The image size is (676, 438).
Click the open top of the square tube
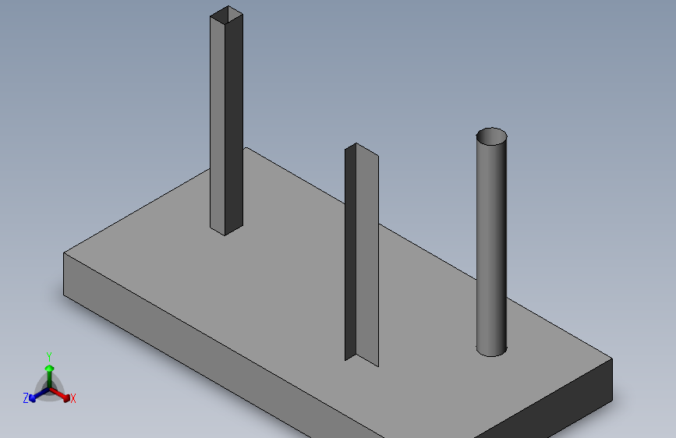pos(226,14)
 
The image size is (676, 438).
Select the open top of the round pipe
pos(492,137)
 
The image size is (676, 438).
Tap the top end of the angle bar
pos(356,148)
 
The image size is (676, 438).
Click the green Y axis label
pos(49,355)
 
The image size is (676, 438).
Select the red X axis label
pos(73,398)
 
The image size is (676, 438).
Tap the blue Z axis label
pos(26,398)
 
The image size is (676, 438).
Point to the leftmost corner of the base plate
pos(64,254)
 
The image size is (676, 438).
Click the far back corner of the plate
pos(246,148)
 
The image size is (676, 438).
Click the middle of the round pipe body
pos(491,242)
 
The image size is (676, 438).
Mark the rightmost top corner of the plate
pos(611,359)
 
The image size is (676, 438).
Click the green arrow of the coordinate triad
pos(49,366)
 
